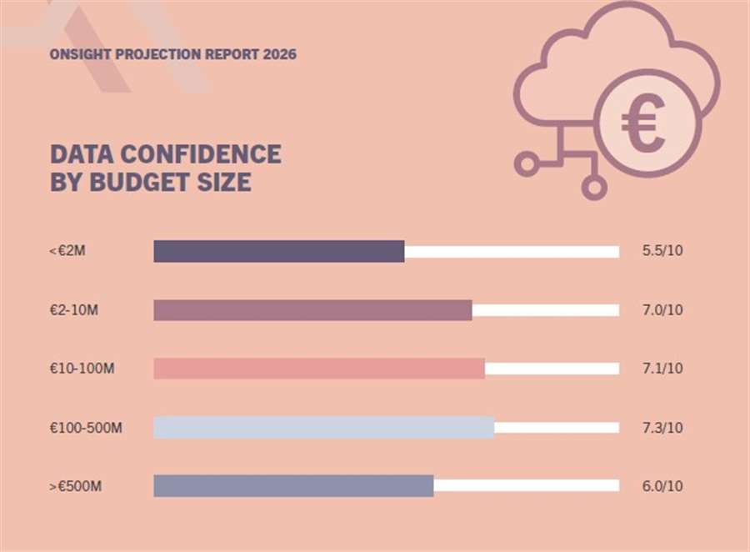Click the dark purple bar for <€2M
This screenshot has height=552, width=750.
click(x=279, y=251)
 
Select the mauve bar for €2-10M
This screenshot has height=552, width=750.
click(x=312, y=310)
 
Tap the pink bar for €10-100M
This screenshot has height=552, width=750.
click(x=319, y=369)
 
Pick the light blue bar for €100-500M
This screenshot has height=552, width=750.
click(x=323, y=427)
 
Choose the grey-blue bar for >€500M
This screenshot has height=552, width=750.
click(x=293, y=486)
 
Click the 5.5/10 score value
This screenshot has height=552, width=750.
click(x=662, y=251)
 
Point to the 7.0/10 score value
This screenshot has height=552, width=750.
click(x=662, y=310)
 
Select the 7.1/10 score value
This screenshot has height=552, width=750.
click(x=662, y=369)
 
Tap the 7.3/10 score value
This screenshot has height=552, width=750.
click(x=662, y=428)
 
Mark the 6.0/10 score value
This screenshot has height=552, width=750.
click(x=662, y=486)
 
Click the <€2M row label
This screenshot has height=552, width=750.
click(x=67, y=251)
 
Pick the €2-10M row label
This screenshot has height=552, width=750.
click(x=74, y=310)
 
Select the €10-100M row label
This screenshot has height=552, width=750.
click(x=82, y=369)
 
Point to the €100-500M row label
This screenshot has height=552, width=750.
click(x=86, y=428)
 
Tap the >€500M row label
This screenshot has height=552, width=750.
click(x=76, y=486)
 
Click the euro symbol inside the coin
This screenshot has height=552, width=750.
click(x=642, y=123)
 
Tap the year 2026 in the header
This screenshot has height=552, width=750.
click(x=280, y=54)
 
